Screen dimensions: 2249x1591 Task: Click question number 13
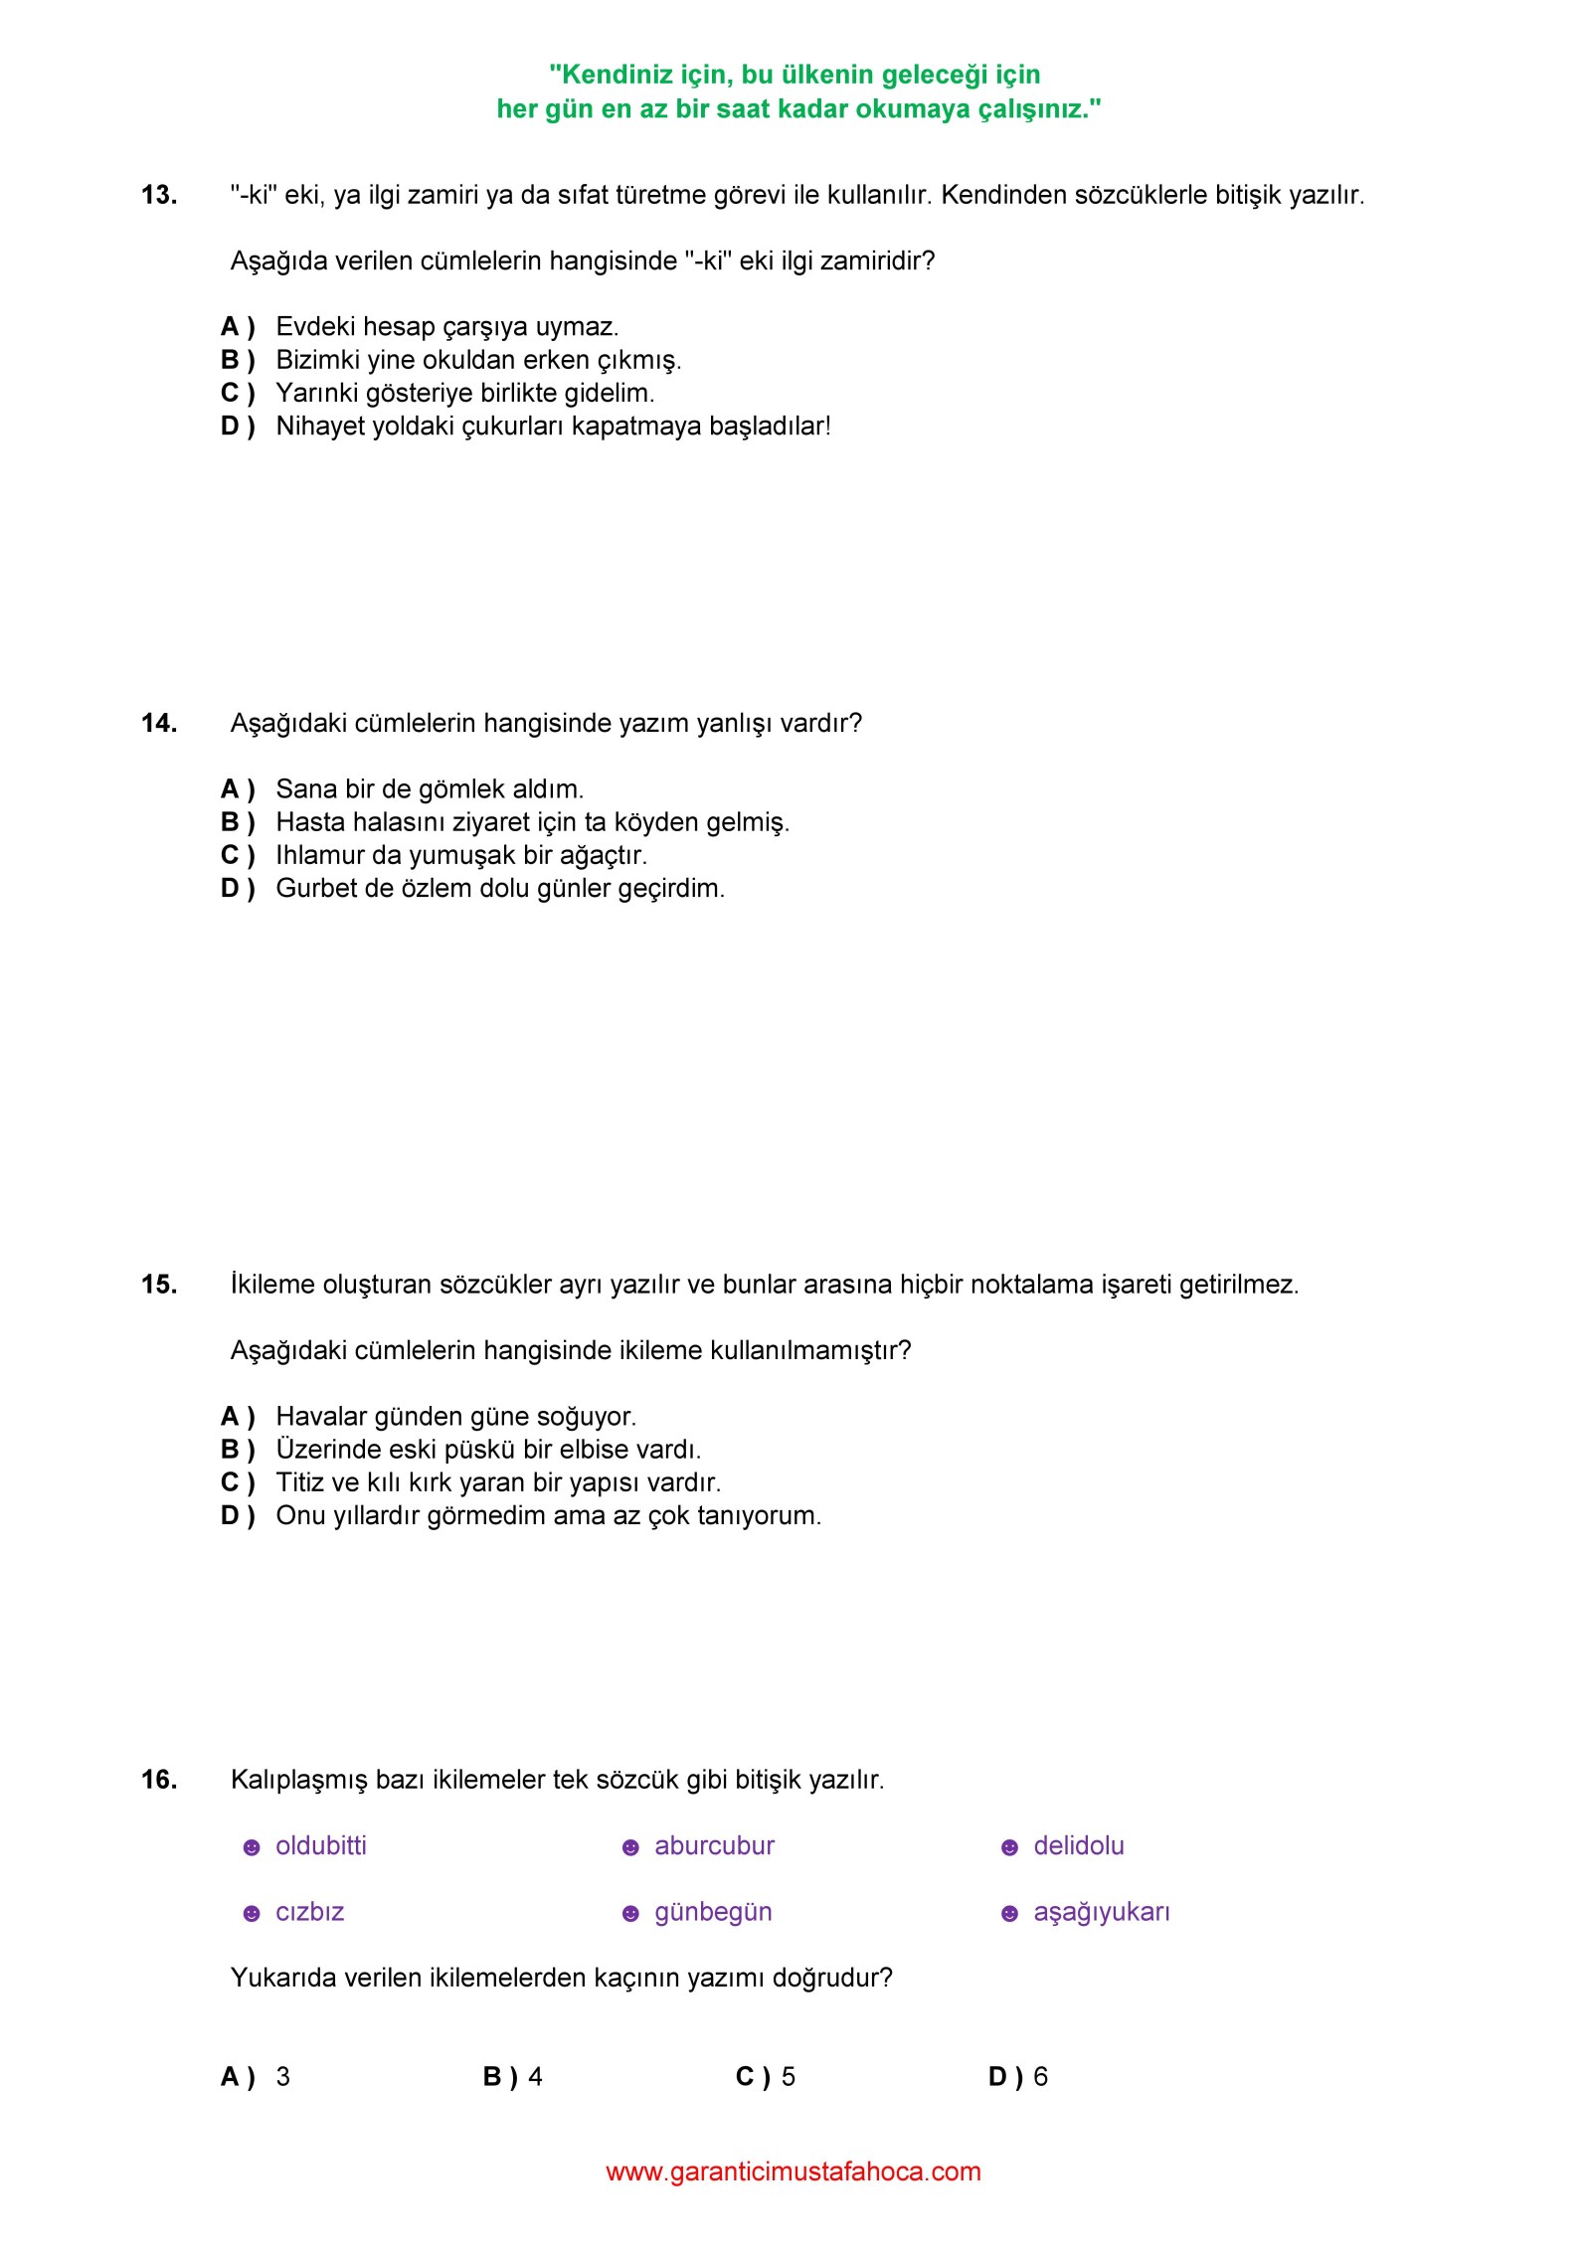[x=159, y=195]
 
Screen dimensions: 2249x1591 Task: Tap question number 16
[x=159, y=1779]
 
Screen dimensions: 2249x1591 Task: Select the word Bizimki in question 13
[x=318, y=360]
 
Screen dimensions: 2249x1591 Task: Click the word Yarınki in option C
[x=317, y=394]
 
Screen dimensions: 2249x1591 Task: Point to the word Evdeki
[x=315, y=327]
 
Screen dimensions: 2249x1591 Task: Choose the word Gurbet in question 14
[x=316, y=888]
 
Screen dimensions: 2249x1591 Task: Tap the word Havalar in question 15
[x=319, y=1416]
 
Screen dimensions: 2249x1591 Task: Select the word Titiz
[x=297, y=1482]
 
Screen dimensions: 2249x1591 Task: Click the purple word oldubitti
[x=321, y=1845]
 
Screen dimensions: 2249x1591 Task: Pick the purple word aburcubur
[x=714, y=1845]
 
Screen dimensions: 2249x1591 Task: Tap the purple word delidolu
[x=1079, y=1845]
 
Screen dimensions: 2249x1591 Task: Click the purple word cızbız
[x=310, y=1912]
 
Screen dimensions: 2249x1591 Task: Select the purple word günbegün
[x=713, y=1912]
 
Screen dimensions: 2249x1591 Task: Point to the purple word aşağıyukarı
[x=1102, y=1912]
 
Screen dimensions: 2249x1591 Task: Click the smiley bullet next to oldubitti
[x=252, y=1847]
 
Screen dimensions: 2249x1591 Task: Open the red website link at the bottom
[x=794, y=2171]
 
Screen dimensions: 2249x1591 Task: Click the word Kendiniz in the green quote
[x=613, y=76]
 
